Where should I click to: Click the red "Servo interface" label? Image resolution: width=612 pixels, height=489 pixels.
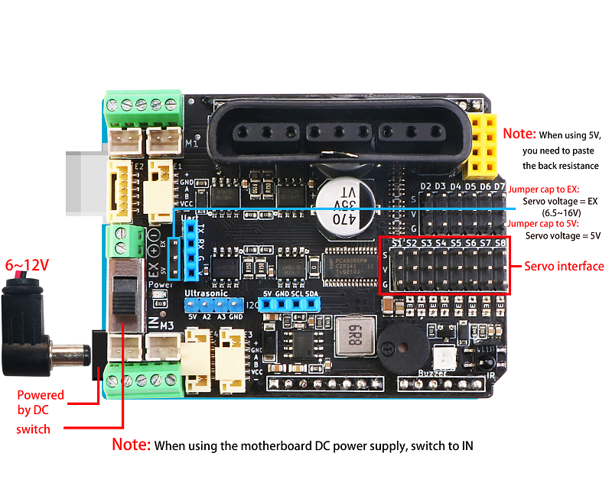(564, 267)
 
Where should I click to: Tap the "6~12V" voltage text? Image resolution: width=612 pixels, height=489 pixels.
(27, 265)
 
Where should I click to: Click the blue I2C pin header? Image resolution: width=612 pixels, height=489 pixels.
(289, 304)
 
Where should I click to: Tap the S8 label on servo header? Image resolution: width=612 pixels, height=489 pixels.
(500, 242)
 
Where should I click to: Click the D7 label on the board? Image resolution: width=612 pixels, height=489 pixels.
(499, 186)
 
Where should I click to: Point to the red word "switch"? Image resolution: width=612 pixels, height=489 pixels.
(33, 429)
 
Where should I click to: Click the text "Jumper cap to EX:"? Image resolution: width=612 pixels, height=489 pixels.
(544, 189)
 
